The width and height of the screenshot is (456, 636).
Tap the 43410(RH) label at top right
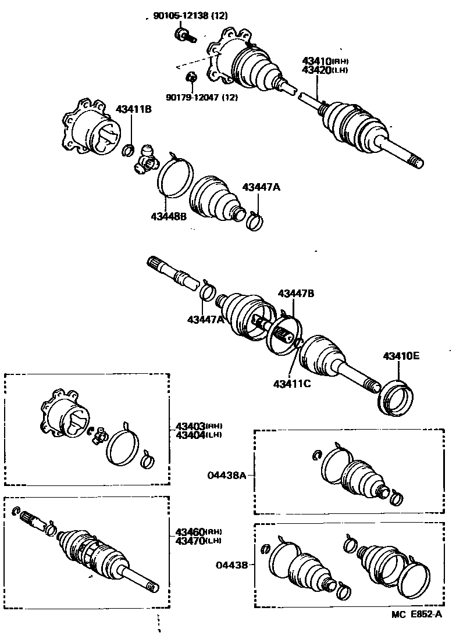(325, 61)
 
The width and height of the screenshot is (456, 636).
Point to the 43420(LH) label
(325, 70)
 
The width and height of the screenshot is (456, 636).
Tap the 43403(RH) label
(198, 426)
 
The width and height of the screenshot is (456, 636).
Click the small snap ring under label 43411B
(130, 152)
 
